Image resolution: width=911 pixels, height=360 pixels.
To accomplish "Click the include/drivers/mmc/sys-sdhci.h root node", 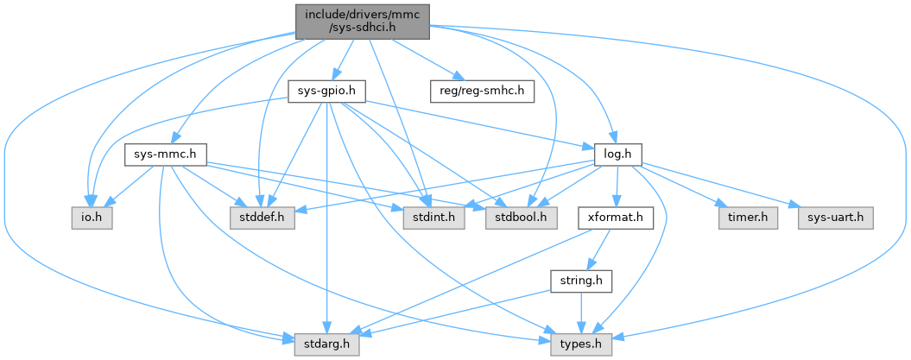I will (363, 21).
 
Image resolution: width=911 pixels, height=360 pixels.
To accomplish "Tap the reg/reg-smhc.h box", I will (482, 91).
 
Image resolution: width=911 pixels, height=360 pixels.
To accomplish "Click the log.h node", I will (614, 155).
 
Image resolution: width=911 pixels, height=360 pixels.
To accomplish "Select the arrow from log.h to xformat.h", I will (615, 187).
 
